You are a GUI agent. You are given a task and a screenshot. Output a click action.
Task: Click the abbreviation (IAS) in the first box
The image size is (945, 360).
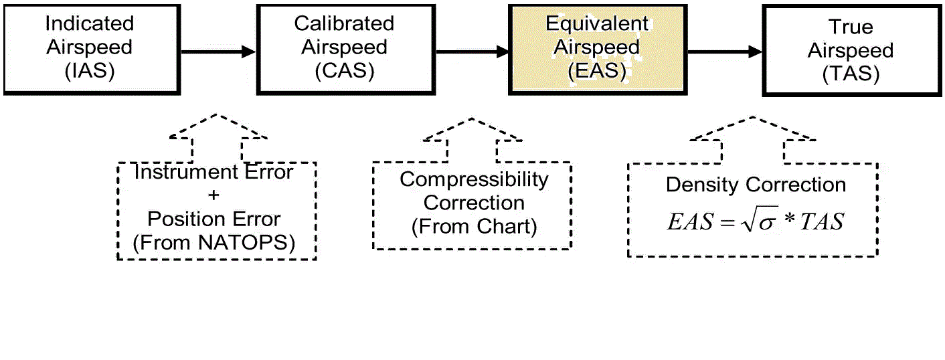click(x=90, y=71)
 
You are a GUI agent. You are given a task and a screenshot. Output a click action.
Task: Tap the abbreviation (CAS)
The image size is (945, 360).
click(x=344, y=71)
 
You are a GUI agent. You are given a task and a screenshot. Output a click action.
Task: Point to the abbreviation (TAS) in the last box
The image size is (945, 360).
click(x=850, y=74)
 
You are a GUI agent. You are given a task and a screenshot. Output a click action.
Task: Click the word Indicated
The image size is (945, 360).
click(x=90, y=24)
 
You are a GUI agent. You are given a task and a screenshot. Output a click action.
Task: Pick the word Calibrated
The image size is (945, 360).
click(x=344, y=24)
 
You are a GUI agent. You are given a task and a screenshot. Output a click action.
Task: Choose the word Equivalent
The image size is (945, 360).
click(x=597, y=24)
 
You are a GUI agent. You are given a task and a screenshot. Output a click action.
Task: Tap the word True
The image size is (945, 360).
click(x=851, y=27)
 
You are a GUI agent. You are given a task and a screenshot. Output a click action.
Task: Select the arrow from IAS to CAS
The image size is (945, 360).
click(x=218, y=51)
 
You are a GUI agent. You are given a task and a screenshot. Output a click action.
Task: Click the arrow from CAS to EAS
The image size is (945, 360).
click(x=471, y=51)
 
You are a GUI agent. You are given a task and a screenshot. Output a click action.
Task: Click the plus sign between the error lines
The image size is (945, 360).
click(x=214, y=195)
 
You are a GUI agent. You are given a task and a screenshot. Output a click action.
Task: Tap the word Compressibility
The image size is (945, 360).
click(x=474, y=179)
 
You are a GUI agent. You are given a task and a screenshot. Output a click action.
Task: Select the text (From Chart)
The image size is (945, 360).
click(x=474, y=226)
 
